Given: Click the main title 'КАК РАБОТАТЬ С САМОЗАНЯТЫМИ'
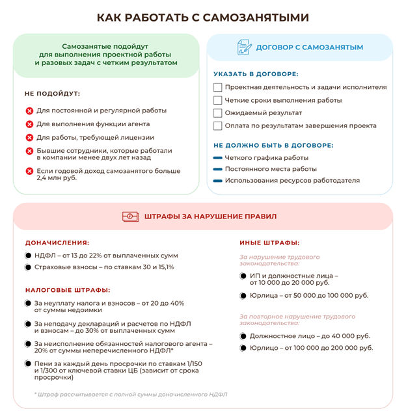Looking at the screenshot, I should (x=202, y=17).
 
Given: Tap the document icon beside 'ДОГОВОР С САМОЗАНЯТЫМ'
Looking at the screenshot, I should (x=245, y=47).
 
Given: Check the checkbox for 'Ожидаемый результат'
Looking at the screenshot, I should (x=218, y=113).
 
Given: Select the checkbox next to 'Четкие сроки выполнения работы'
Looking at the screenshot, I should (x=218, y=100).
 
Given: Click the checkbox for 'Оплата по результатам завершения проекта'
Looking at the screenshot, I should (x=218, y=126).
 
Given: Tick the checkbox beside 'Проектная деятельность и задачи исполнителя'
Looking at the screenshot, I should (x=218, y=87).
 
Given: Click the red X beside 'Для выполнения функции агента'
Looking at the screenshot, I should (x=29, y=124).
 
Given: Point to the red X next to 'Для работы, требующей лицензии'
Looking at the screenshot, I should (x=29, y=137).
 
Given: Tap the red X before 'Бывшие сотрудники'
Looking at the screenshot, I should (x=29, y=151).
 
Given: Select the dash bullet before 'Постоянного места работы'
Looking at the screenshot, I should (x=218, y=169).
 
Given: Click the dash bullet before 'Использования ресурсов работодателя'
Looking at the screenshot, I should (x=218, y=180).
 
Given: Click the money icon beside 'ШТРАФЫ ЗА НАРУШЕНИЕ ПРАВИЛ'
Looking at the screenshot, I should (x=131, y=217).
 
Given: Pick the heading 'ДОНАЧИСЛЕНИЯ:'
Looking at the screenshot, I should (x=57, y=243).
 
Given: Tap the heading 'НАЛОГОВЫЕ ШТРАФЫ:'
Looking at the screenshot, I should (x=68, y=290).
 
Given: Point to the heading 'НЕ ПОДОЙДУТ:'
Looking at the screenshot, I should (x=52, y=94).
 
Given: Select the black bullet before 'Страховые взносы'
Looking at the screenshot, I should (x=28, y=267).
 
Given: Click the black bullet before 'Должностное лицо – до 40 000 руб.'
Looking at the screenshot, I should (x=243, y=336).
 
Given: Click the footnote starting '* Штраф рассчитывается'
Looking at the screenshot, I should (x=131, y=394).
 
